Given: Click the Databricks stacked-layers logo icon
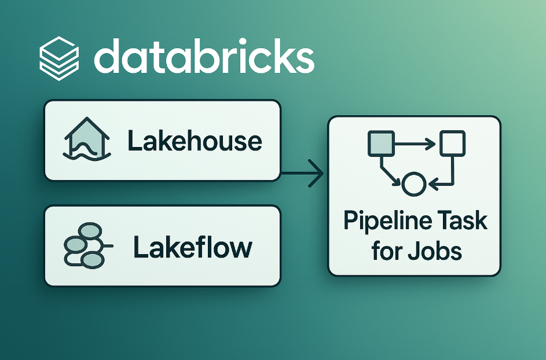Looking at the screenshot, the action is [x=59, y=58].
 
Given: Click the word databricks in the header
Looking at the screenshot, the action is [x=204, y=56].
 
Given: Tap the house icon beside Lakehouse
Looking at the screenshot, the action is [x=87, y=139].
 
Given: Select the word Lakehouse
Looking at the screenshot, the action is [x=195, y=141].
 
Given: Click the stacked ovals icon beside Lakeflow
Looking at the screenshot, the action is [x=87, y=246].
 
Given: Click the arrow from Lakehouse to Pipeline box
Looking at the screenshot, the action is [x=302, y=173].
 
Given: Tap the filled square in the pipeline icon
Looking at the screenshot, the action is [x=382, y=144].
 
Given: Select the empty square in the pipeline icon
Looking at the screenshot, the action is [x=453, y=144].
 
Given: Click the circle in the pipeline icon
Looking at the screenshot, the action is [x=413, y=184].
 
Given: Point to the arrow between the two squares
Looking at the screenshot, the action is [x=415, y=144].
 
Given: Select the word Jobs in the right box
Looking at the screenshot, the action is [x=435, y=251].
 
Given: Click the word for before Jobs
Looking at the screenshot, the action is [x=386, y=251].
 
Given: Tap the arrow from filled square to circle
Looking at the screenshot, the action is [x=390, y=171].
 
